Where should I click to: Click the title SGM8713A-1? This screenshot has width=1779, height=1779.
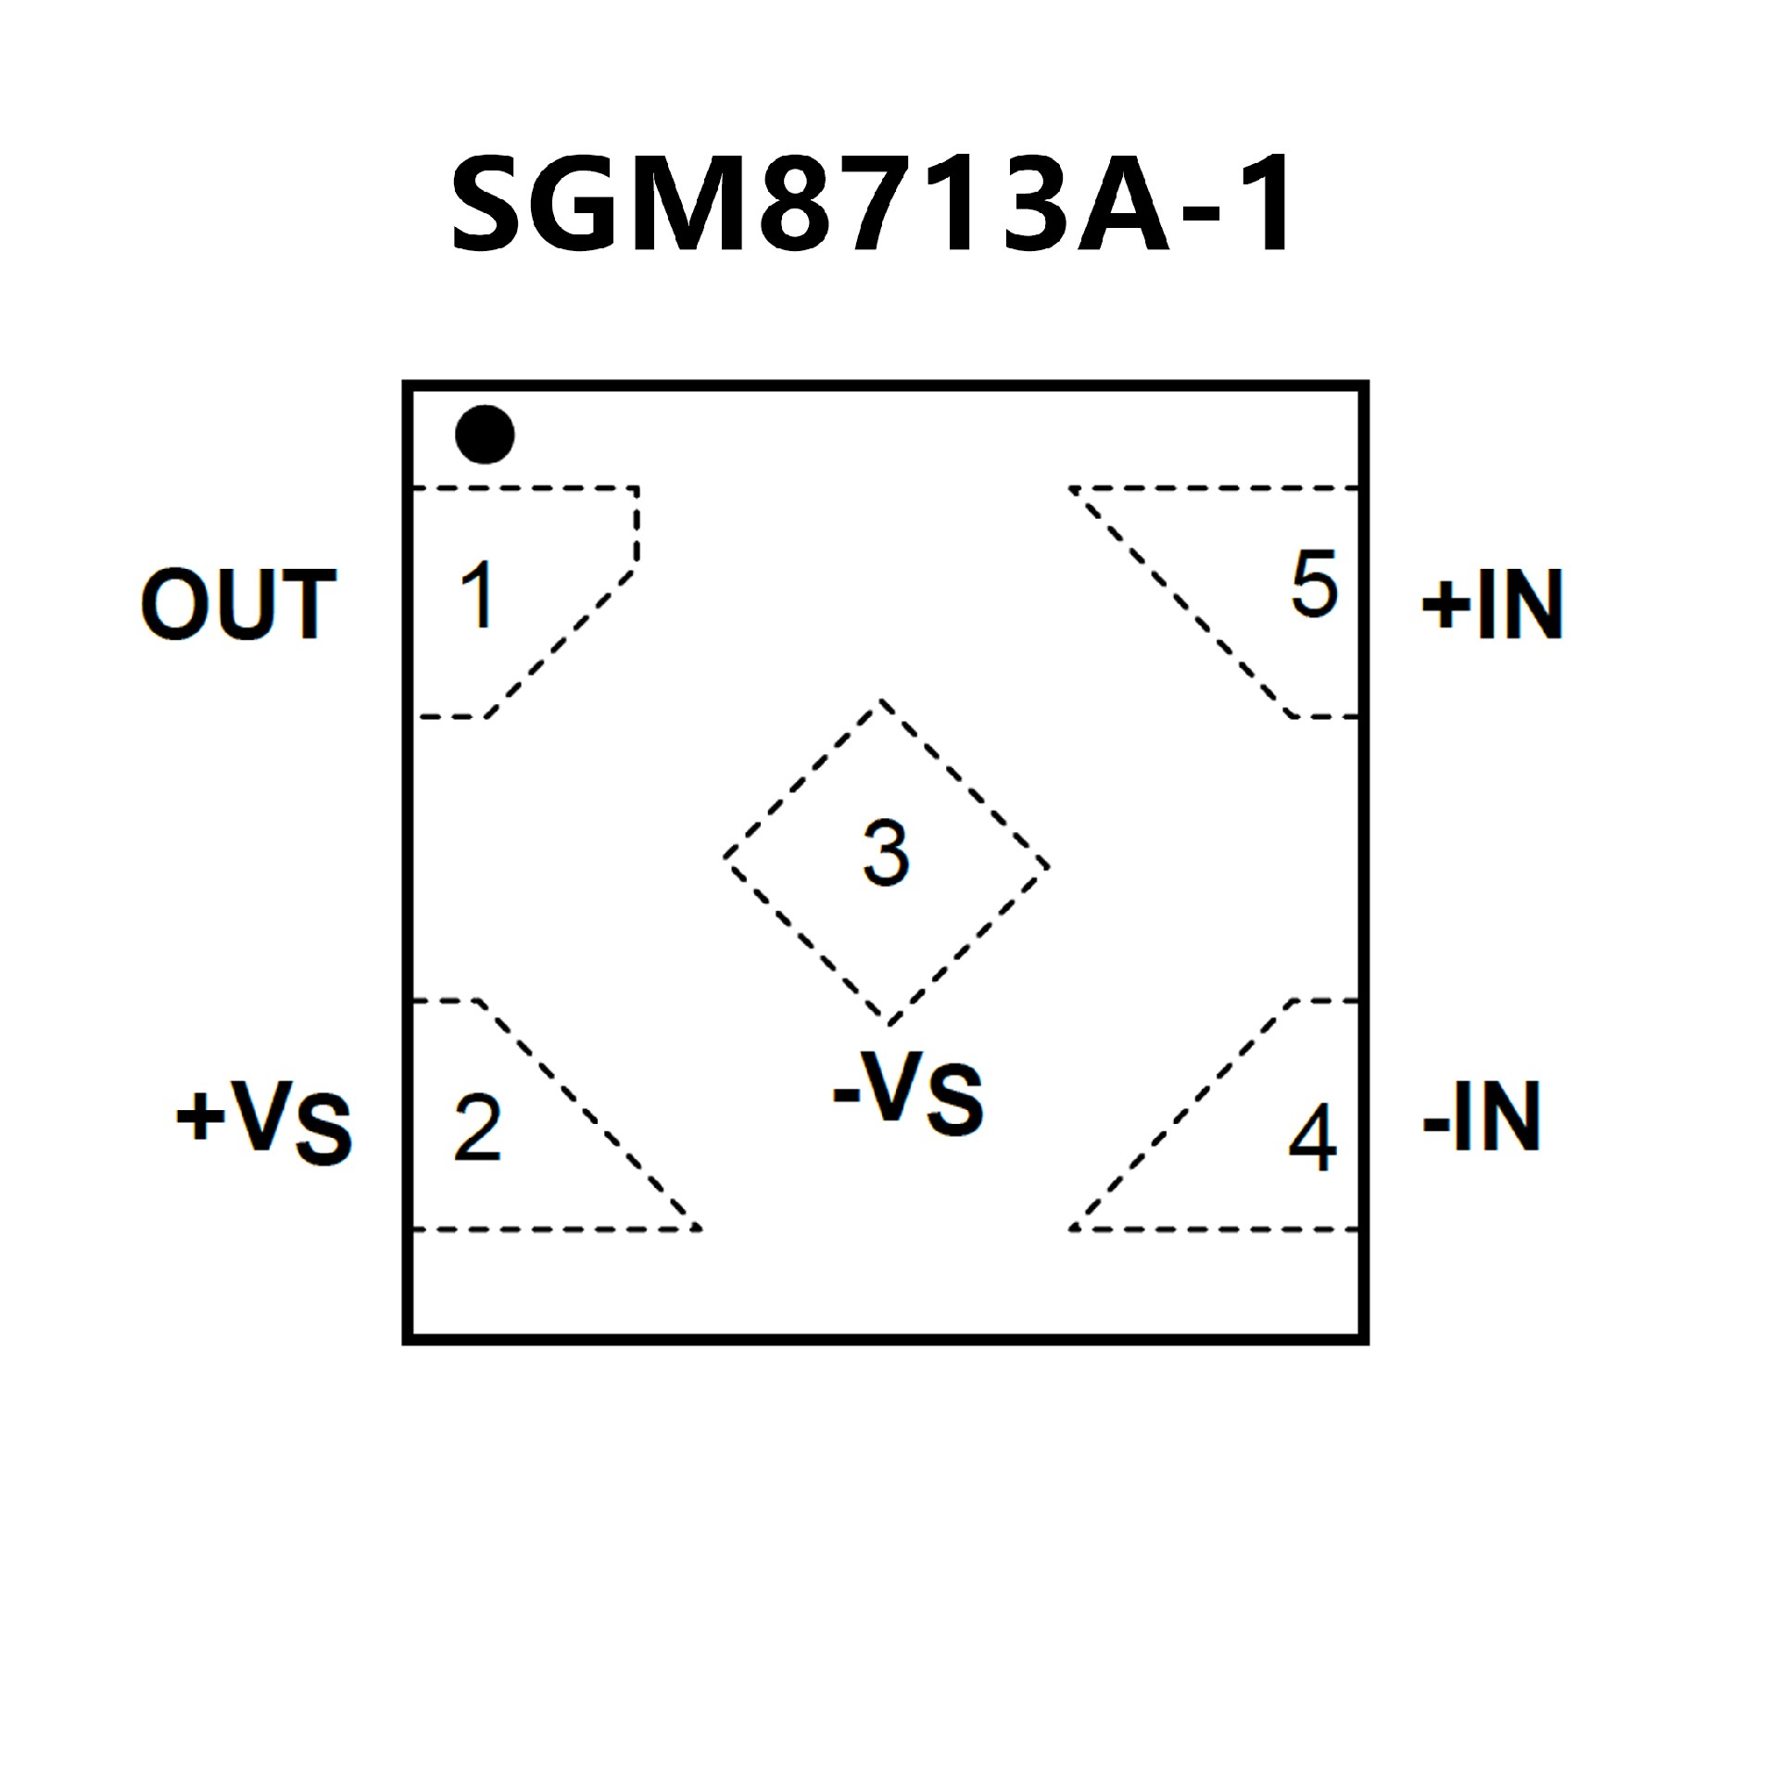coord(871,204)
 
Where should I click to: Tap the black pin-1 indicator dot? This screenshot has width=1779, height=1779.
coord(485,434)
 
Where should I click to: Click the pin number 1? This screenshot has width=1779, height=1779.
coord(478,595)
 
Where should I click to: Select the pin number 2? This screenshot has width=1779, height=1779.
coord(478,1129)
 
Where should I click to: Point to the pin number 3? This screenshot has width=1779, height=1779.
coord(886,853)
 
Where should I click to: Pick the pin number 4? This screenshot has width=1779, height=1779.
coord(1313,1138)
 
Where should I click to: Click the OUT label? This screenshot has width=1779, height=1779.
coord(238,605)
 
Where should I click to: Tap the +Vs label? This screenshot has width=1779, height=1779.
coord(264,1120)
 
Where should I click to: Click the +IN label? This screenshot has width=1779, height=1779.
coord(1493,605)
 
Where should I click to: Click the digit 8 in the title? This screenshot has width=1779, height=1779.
coord(795,204)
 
